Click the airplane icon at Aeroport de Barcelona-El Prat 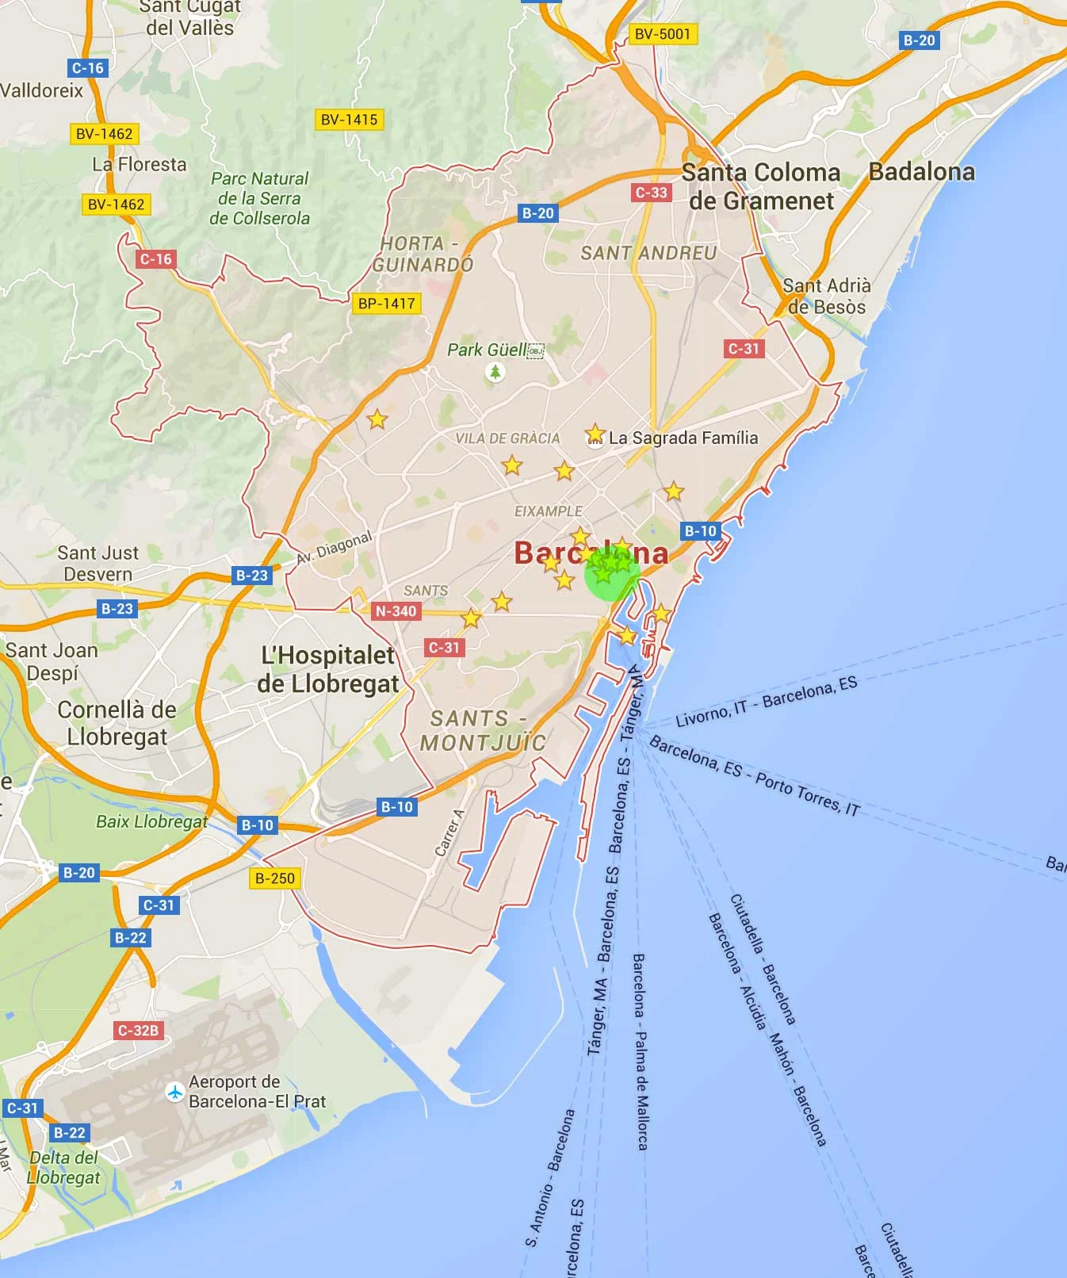tap(175, 1092)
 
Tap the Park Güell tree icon tap(495, 371)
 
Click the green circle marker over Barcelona tap(611, 573)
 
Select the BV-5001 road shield tap(663, 34)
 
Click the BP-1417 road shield tap(386, 303)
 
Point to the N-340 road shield tap(396, 610)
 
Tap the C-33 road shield tap(651, 192)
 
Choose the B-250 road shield tap(275, 878)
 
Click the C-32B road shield tap(139, 1030)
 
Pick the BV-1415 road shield tap(350, 120)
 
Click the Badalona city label tap(922, 172)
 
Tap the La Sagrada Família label tap(683, 438)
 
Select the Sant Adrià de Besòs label tap(827, 296)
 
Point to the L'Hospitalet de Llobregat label tap(327, 669)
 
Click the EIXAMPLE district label tap(548, 511)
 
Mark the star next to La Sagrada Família tap(595, 434)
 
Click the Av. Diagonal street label tap(334, 547)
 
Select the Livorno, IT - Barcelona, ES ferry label tap(766, 701)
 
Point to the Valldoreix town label tap(41, 90)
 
